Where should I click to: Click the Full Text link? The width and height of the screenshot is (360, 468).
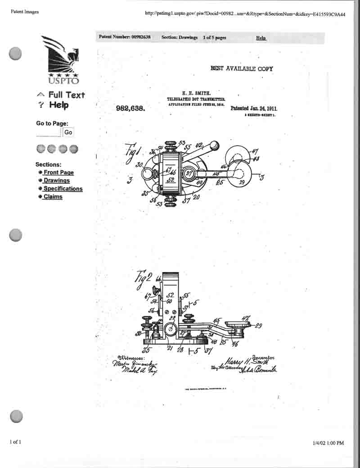pyautogui.click(x=66, y=95)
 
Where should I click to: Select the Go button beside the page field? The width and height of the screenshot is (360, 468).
pyautogui.click(x=68, y=132)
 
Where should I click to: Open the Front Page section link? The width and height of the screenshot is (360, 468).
pyautogui.click(x=58, y=173)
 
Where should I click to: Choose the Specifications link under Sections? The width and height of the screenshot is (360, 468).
pyautogui.click(x=63, y=189)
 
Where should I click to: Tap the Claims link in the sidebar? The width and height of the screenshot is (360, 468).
pyautogui.click(x=53, y=197)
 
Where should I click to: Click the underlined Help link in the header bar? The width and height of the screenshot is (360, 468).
pyautogui.click(x=261, y=38)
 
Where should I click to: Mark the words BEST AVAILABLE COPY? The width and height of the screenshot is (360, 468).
pyautogui.click(x=242, y=68)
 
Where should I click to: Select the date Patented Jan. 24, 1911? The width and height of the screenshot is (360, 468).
pyautogui.click(x=254, y=109)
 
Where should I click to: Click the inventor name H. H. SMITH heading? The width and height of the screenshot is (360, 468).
pyautogui.click(x=196, y=93)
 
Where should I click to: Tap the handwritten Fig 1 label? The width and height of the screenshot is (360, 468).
pyautogui.click(x=134, y=150)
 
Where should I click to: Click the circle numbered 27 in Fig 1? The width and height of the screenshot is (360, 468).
pyautogui.click(x=189, y=173)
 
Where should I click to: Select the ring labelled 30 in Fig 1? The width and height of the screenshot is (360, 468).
pyautogui.click(x=149, y=173)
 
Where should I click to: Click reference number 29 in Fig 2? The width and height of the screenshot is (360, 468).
pyautogui.click(x=258, y=325)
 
